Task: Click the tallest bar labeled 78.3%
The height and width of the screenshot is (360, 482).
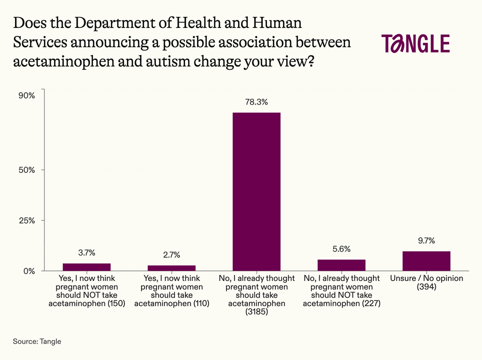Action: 256,191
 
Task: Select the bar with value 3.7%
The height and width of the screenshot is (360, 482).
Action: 87,267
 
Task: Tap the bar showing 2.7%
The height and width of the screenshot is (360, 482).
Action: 172,268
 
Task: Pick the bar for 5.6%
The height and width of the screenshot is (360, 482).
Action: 341,265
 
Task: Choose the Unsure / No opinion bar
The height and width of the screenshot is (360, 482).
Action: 426,261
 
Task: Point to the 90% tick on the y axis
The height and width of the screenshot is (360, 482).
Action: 27,95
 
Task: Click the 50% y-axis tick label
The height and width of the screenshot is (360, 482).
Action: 27,170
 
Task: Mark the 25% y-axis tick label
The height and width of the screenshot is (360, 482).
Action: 27,221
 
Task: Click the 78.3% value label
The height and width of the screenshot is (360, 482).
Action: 256,102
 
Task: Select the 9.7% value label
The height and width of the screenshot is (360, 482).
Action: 426,241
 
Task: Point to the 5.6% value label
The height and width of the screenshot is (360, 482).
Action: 341,249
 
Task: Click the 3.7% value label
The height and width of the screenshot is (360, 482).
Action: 87,253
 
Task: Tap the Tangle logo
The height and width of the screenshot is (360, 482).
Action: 415,43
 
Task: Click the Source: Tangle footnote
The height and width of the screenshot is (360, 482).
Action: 37,342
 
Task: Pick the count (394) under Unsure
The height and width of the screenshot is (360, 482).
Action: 426,287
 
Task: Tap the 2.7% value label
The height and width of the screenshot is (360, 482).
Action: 172,255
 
